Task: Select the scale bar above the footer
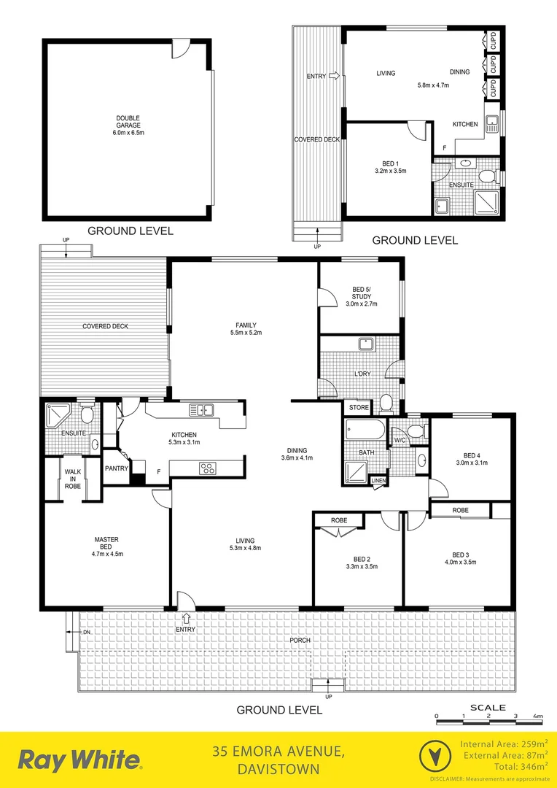[x=487, y=722]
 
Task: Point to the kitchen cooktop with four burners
[x=208, y=468]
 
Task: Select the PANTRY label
[x=117, y=468]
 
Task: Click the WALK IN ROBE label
[x=73, y=479]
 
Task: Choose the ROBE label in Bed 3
[x=460, y=510]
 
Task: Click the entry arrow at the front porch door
[x=185, y=618]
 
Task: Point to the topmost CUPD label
[x=493, y=39]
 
